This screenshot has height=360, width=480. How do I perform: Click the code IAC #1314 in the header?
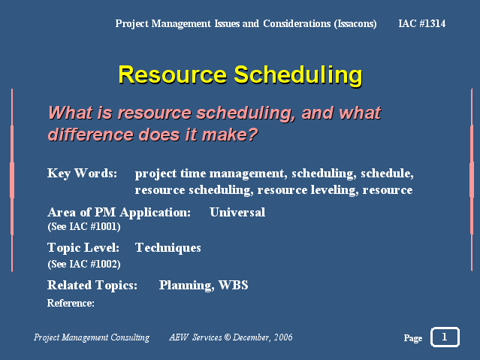tap(422, 23)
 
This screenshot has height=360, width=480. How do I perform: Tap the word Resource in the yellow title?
tap(172, 74)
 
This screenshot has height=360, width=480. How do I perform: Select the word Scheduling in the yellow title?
tap(298, 75)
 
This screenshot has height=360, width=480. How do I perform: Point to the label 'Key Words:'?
tap(82, 174)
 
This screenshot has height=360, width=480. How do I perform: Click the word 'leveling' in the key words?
tap(334, 190)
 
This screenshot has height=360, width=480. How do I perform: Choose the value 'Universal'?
tap(237, 213)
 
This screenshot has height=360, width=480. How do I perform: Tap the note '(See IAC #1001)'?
tap(84, 227)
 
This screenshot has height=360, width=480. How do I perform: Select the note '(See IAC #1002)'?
tap(84, 264)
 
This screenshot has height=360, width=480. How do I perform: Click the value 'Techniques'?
tap(168, 248)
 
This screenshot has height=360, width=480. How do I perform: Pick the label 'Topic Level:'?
tap(83, 248)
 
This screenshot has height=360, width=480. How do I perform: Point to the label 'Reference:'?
tap(71, 303)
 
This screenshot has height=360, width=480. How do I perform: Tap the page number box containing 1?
tap(445, 337)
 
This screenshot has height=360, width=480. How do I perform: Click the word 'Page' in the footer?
tap(413, 338)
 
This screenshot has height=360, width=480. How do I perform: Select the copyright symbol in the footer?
tap(227, 337)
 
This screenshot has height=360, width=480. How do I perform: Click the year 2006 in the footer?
tap(283, 337)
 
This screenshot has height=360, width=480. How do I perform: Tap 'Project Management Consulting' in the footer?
tap(92, 337)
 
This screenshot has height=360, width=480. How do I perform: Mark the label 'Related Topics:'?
tap(92, 286)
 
